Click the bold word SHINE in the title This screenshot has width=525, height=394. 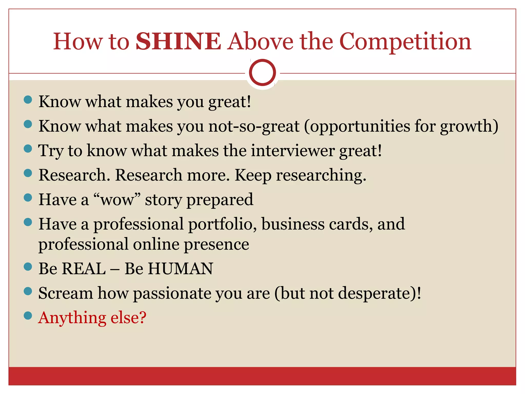click(x=178, y=42)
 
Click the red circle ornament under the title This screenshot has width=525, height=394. click(x=262, y=73)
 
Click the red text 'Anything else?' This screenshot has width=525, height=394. click(x=92, y=318)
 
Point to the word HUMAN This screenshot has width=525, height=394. click(x=180, y=269)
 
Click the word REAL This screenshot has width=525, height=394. click(x=84, y=269)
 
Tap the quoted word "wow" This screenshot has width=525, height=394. click(x=117, y=200)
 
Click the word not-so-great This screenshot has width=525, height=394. click(x=254, y=126)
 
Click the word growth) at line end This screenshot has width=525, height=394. click(x=469, y=126)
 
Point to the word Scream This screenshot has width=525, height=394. click(x=66, y=293)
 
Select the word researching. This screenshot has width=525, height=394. click(x=321, y=175)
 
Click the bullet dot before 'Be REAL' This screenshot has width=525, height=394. click(x=28, y=267)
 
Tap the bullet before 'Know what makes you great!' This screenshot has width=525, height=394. click(x=28, y=100)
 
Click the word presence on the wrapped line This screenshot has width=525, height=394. click(x=217, y=244)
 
